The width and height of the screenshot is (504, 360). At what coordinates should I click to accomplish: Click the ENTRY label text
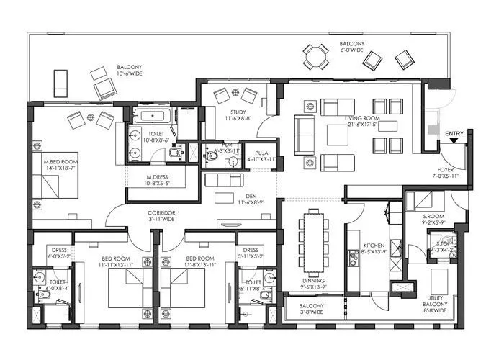coord(454,133)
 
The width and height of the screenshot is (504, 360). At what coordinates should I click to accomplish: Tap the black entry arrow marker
coord(454,141)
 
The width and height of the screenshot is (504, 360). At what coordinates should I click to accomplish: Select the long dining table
coord(312,241)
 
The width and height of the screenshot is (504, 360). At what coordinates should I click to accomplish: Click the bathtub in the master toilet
coord(153,116)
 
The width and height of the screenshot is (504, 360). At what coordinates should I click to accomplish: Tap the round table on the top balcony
coord(315,56)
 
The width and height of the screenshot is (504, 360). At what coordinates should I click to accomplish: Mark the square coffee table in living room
coord(337,135)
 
